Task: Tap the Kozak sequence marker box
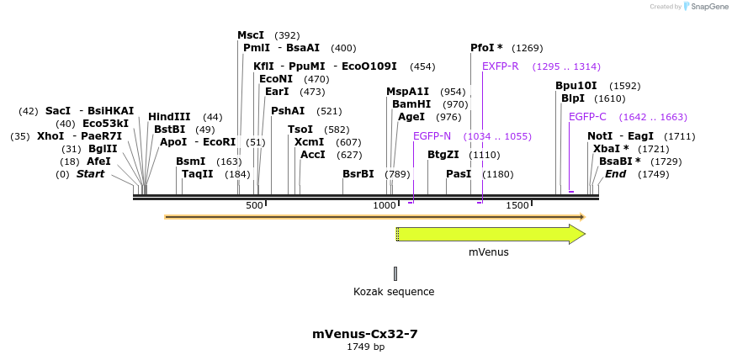(x=395, y=273)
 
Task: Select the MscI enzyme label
(x=251, y=35)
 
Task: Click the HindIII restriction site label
(x=169, y=117)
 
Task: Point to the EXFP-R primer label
(x=500, y=66)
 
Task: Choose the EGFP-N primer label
(x=432, y=136)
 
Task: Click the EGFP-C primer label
(x=587, y=117)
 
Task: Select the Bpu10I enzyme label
(x=576, y=86)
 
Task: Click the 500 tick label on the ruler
(x=254, y=206)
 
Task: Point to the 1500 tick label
(x=517, y=206)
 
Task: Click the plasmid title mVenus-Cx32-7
(x=365, y=334)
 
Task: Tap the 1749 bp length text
(x=365, y=347)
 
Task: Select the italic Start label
(x=91, y=174)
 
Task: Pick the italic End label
(x=615, y=174)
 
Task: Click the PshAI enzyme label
(x=288, y=111)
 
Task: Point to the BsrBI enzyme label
(x=358, y=174)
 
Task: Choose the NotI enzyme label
(x=600, y=136)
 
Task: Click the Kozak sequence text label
(x=394, y=292)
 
